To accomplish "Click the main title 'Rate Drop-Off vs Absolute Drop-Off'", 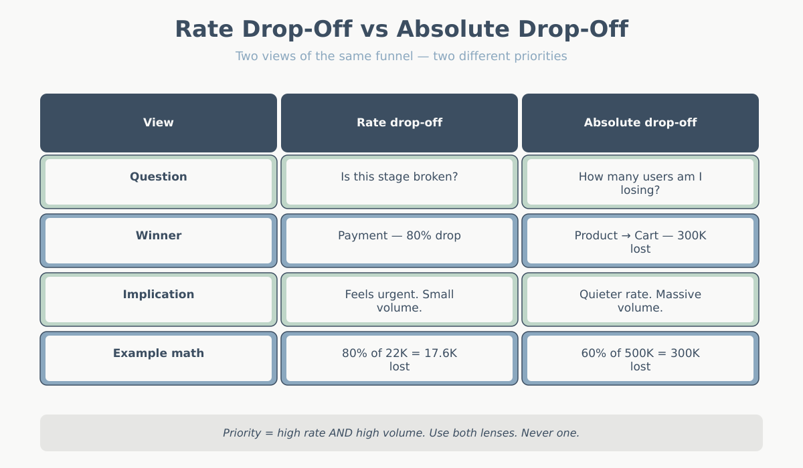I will (401, 29).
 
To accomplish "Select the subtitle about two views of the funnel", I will (401, 56).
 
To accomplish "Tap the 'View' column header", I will (159, 122).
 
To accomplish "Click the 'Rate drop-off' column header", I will (399, 122).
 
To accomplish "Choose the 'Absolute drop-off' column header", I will (640, 122).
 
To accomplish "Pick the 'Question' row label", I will (159, 177).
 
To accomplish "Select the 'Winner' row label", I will (159, 236).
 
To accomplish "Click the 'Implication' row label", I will (159, 295).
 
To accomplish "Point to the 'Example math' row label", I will (159, 354).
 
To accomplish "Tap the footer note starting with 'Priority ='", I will (401, 433).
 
